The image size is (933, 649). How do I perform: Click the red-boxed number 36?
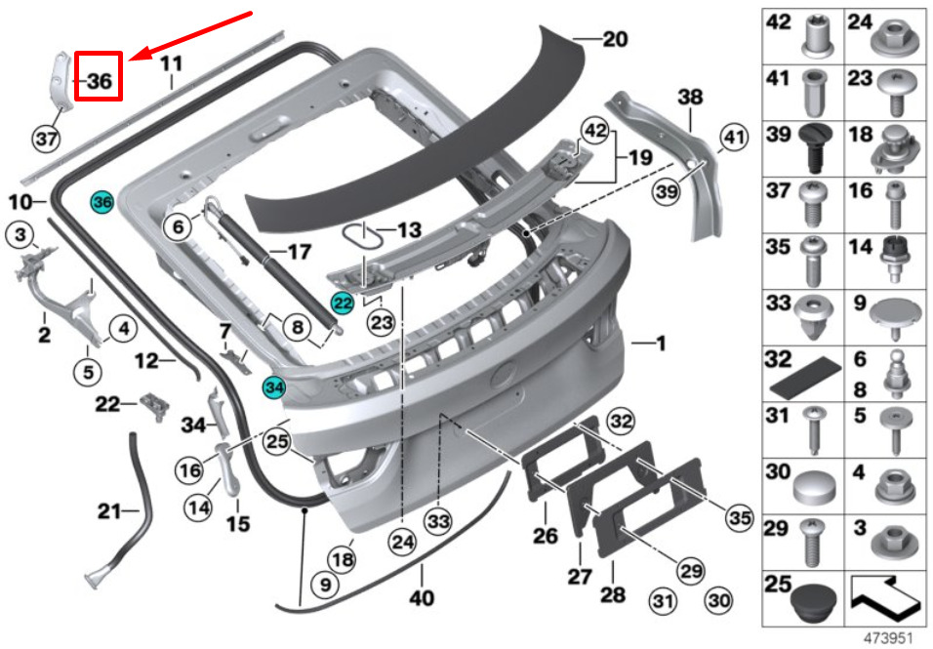tap(99, 76)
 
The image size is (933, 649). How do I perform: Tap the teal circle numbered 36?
tap(101, 202)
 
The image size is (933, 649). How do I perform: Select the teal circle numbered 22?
tap(343, 304)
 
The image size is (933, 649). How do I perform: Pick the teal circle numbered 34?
tap(274, 387)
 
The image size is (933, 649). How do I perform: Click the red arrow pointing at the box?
tap(191, 36)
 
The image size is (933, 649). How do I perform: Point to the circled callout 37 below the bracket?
tap(47, 140)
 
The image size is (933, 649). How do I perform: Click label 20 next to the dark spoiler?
tap(615, 39)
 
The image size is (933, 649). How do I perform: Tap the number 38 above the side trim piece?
tap(690, 97)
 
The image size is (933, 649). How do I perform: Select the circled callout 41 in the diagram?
tap(734, 138)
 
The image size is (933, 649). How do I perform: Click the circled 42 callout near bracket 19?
tap(595, 131)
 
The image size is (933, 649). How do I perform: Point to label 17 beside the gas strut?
tap(299, 252)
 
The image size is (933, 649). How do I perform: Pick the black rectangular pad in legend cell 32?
tap(805, 377)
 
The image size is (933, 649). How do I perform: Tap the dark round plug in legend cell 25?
tap(816, 602)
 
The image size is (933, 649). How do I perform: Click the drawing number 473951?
tap(888, 637)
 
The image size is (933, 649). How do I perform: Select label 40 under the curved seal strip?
tap(422, 597)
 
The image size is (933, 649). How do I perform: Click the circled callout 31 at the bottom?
tap(663, 601)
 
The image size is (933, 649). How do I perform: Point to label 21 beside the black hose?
tap(110, 511)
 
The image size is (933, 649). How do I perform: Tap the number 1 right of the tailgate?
tap(660, 343)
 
